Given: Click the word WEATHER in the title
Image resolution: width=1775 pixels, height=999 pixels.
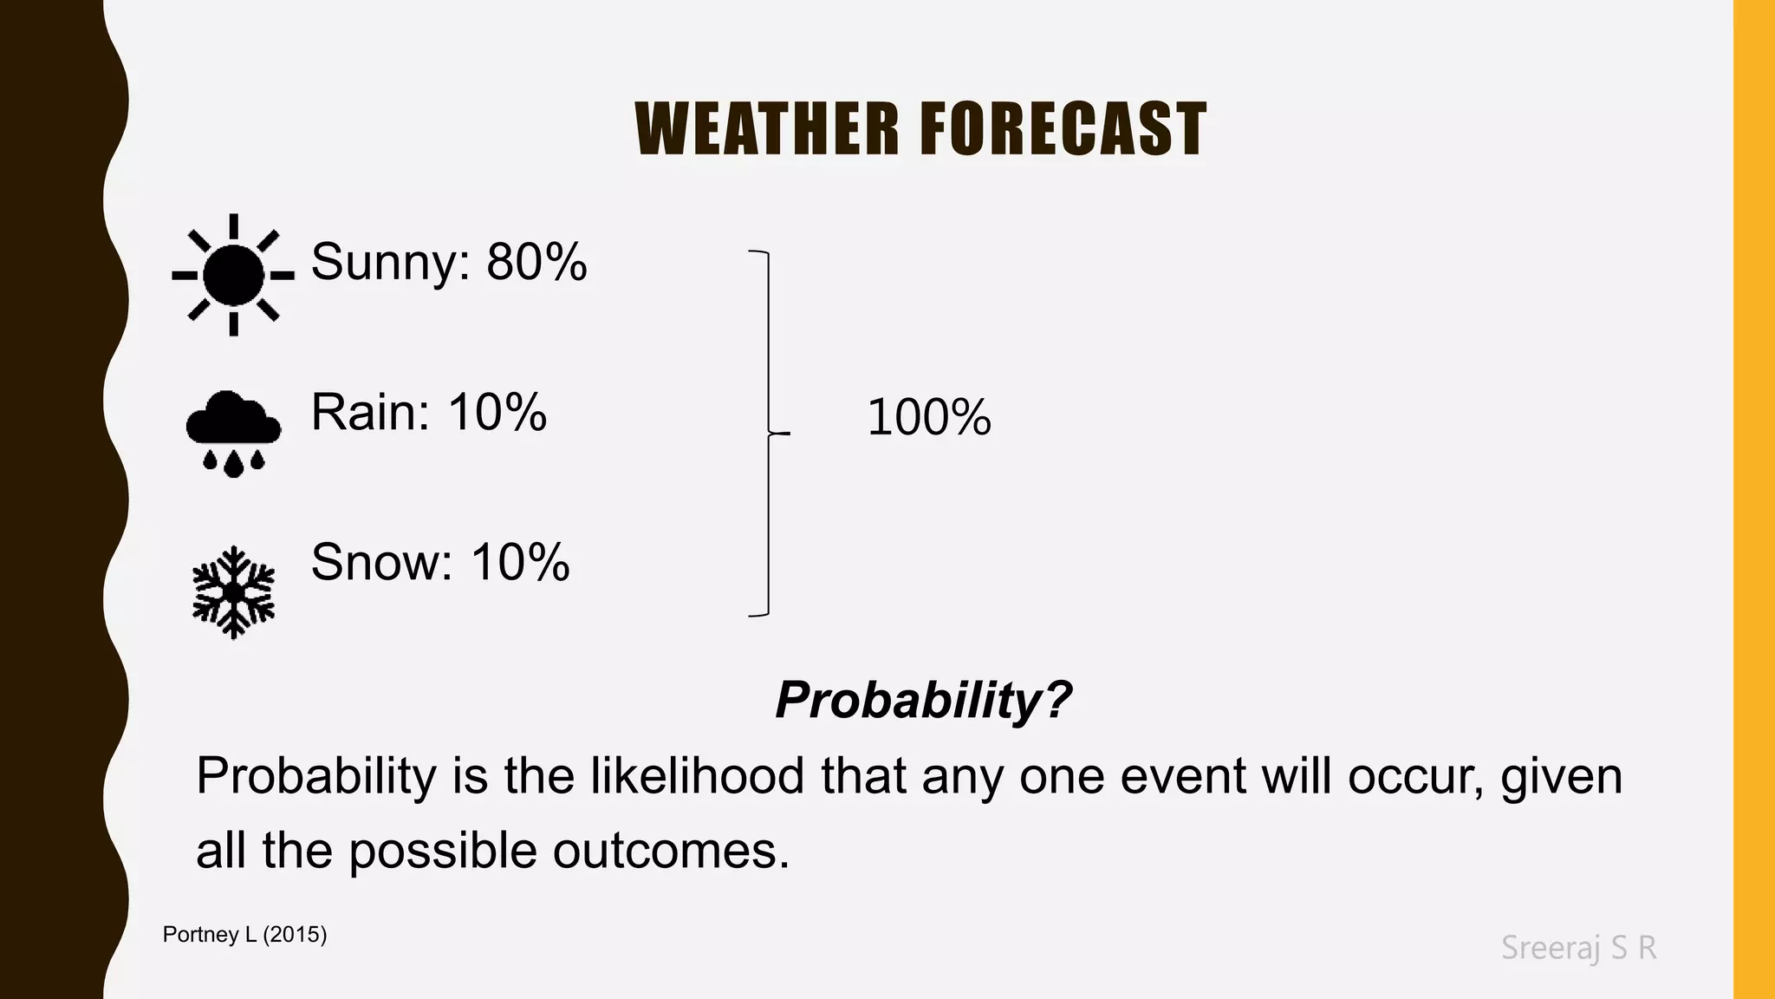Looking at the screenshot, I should coord(767,129).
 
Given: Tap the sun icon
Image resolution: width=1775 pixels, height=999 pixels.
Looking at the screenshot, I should coord(233,275).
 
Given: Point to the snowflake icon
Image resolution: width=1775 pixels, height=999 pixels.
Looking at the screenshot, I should coord(233,592).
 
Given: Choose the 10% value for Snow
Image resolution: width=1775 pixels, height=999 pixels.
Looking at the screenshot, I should coord(520,562).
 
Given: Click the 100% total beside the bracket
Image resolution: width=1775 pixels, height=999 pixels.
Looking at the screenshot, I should coord(928,417).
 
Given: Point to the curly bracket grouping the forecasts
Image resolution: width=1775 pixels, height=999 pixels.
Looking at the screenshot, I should coord(768,433).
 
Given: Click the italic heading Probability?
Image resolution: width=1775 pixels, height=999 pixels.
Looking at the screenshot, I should coord(923,699).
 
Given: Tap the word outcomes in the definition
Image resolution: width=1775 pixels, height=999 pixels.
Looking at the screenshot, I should coord(671,851).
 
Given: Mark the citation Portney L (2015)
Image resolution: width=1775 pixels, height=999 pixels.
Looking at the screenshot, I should coord(244,935).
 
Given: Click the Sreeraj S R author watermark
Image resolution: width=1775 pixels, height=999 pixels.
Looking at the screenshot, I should coord(1578,948).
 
